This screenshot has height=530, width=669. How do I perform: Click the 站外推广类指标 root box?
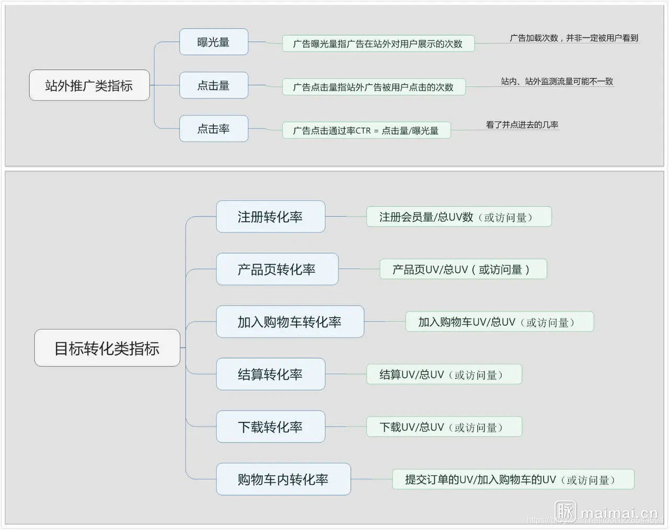[89, 85]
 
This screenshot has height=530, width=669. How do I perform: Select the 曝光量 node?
[213, 42]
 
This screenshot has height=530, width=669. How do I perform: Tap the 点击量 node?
[213, 86]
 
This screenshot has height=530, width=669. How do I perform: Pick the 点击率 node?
[213, 129]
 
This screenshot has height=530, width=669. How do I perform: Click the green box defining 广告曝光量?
[378, 44]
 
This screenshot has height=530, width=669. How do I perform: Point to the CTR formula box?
[366, 131]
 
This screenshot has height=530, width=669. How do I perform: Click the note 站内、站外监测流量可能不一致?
[557, 82]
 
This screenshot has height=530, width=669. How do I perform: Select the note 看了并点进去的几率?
[522, 125]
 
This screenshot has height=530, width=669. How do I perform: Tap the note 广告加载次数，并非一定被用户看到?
[574, 38]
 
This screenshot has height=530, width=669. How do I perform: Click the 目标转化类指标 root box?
[107, 348]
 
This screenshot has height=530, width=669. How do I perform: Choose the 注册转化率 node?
[270, 217]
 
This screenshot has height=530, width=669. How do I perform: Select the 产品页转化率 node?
[277, 270]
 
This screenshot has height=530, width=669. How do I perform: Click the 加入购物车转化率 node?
[290, 322]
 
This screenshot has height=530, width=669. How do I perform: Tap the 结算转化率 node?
[270, 374]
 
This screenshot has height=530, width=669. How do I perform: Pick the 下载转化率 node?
[270, 427]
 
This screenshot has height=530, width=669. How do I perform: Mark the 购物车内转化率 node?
[283, 479]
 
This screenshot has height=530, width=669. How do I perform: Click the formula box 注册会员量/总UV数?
[458, 217]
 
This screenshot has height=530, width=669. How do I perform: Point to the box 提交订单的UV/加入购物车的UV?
[513, 479]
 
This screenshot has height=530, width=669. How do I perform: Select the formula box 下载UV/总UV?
[444, 427]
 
